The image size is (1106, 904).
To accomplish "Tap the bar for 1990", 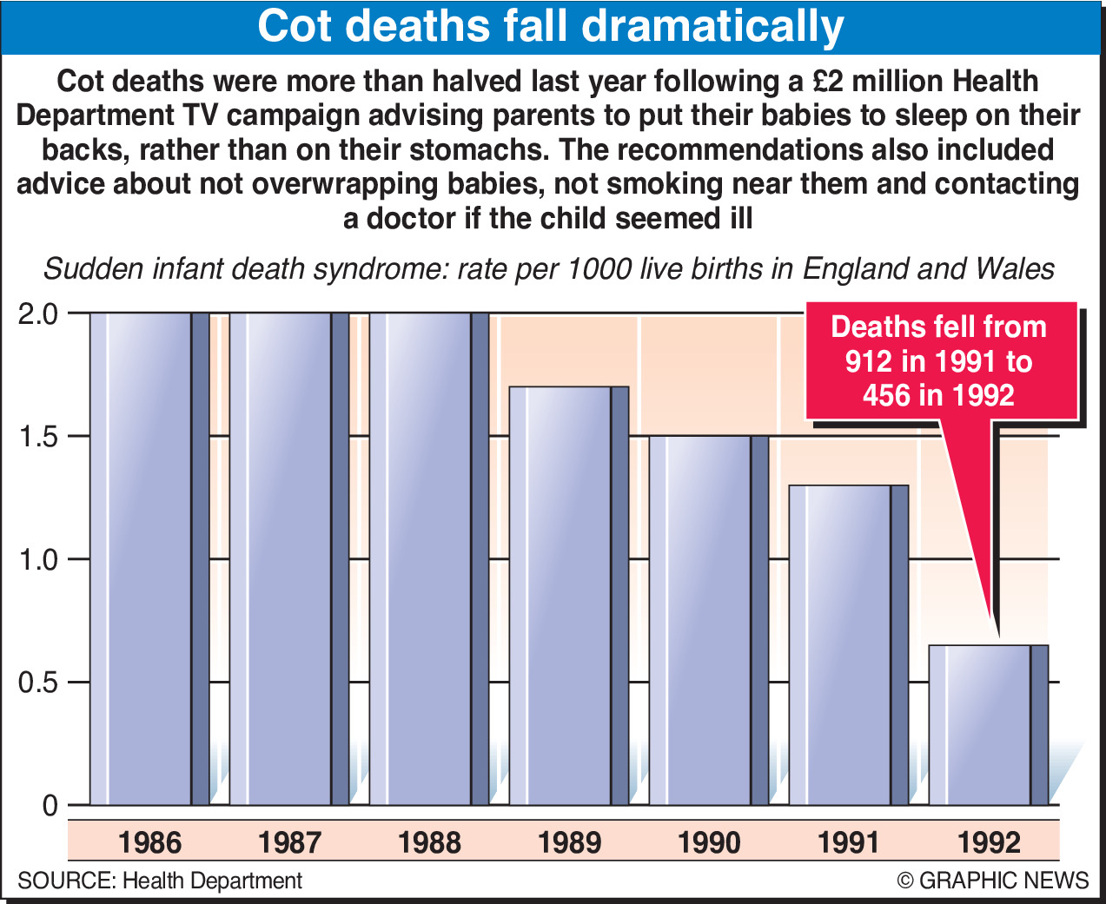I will tap(708, 620).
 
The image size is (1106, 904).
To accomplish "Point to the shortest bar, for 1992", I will tap(988, 725).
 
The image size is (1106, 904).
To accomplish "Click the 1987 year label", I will tap(289, 842).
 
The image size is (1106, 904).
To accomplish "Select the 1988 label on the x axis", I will tap(429, 842).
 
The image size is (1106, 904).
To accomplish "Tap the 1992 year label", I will tap(989, 842).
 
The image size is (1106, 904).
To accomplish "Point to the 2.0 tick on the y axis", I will tap(37, 313).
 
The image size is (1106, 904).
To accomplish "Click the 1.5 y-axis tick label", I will tap(37, 436).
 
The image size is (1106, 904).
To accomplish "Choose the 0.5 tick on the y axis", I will tap(37, 683).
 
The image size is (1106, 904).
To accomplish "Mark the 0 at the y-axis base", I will tap(50, 806).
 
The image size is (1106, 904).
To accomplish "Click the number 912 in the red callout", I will tap(868, 361).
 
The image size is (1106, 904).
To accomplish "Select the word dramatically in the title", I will tap(712, 27).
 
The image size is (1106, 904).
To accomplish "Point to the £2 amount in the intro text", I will tap(831, 82).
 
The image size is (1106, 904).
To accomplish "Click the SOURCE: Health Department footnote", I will tap(160, 881).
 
